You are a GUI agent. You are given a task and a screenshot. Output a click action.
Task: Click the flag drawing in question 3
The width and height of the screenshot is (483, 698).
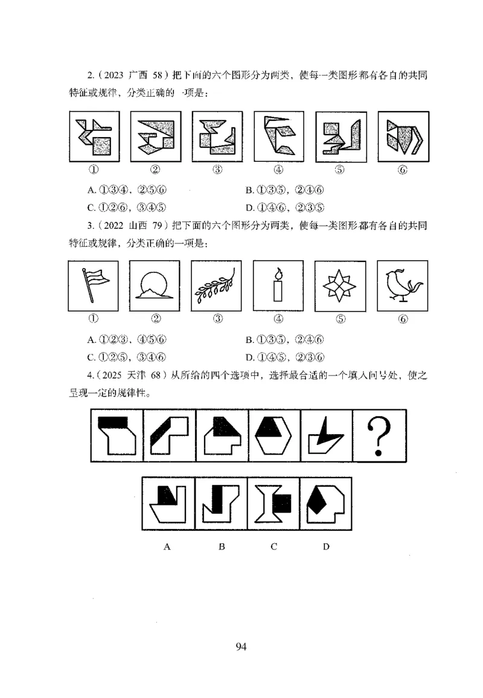[x=95, y=286]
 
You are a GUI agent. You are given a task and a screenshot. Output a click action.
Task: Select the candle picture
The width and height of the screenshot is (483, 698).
[x=278, y=286]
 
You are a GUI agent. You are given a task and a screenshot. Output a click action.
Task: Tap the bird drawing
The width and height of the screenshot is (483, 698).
[x=402, y=286]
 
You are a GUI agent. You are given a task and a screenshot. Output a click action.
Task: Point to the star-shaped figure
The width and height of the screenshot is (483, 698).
[x=341, y=286]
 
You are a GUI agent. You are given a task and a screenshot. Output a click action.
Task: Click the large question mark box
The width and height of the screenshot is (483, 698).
[x=380, y=435]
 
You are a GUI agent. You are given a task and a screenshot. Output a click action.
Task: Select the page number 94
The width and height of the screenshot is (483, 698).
[x=241, y=647]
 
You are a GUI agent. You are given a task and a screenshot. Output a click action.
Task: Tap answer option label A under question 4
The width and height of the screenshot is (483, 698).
[x=167, y=547]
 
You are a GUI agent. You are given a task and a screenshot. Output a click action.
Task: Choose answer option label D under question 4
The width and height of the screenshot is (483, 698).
[x=326, y=547]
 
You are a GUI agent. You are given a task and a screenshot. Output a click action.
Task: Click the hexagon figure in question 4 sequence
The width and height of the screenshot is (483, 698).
[x=274, y=435]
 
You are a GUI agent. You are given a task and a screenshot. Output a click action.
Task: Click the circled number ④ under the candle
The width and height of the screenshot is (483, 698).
[x=278, y=319]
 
